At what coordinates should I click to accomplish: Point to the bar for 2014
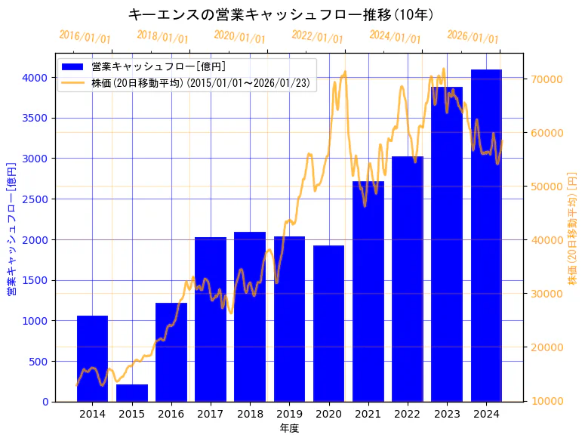tap(92, 359)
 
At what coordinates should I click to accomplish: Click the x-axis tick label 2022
tap(408, 414)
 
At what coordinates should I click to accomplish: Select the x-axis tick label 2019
tap(289, 414)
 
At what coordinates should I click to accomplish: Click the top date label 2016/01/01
tap(85, 37)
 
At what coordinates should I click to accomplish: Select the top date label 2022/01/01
tap(317, 37)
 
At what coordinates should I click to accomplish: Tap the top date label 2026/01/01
tap(473, 37)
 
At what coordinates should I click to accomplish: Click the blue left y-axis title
tap(11, 229)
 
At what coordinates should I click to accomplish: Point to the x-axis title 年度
tap(289, 428)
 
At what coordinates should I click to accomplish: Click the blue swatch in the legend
tap(73, 67)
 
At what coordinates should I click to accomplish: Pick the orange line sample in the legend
tap(73, 82)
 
